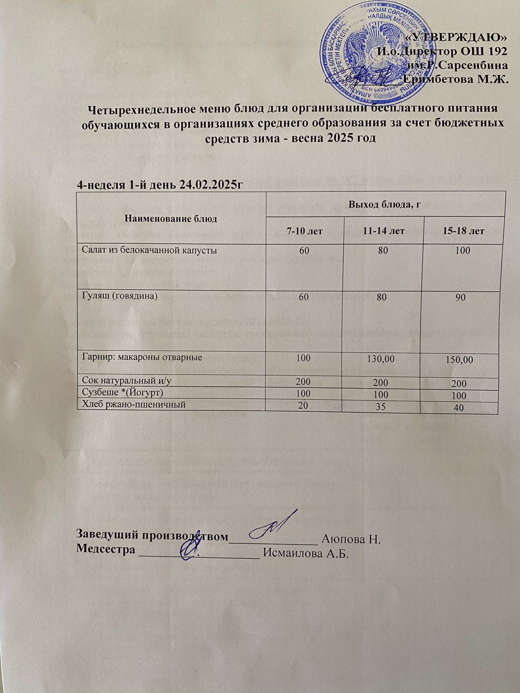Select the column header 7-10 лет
[304, 231]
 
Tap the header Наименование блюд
[170, 219]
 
